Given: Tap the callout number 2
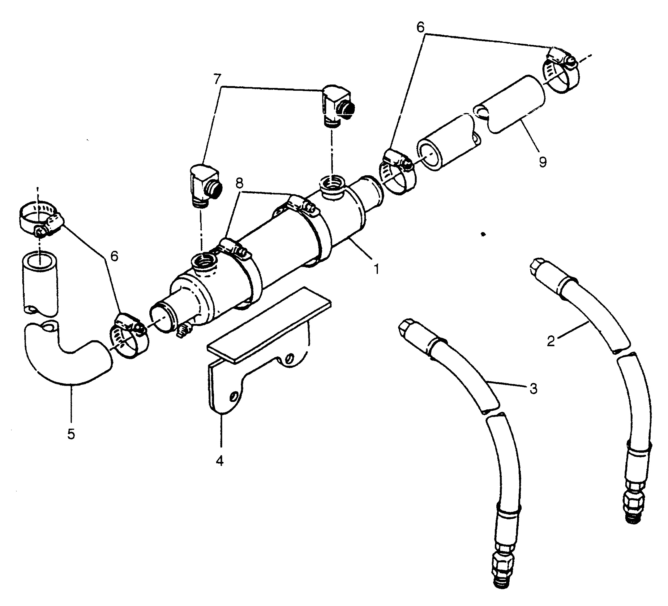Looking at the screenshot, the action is (x=551, y=341).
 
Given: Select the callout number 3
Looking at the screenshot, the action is (x=533, y=388).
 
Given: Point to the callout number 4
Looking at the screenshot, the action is (x=220, y=460).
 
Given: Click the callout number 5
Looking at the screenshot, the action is (x=71, y=434).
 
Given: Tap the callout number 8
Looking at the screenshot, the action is (x=239, y=183).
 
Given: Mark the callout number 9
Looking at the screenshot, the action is (x=542, y=162).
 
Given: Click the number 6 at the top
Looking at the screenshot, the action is (x=420, y=28).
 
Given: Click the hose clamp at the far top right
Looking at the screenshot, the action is (x=561, y=70).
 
